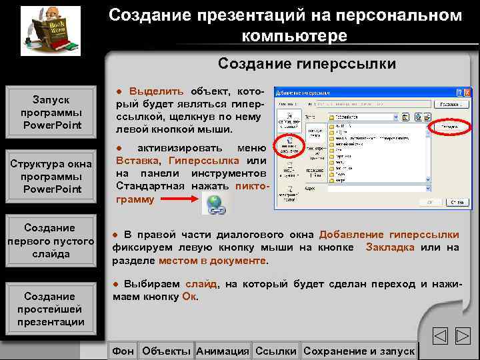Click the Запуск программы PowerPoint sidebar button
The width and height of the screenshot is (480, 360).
click(x=51, y=113)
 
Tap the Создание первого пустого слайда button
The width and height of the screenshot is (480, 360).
click(x=51, y=241)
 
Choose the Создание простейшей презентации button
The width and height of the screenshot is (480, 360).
click(x=51, y=309)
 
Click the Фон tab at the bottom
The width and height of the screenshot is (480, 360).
click(x=123, y=351)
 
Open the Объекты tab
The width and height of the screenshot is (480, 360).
click(x=167, y=351)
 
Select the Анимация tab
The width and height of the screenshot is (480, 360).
click(x=223, y=351)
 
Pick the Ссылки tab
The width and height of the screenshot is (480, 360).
click(x=276, y=351)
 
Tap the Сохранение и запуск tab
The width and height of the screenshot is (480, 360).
click(x=358, y=351)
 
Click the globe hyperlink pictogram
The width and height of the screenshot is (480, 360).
click(x=215, y=205)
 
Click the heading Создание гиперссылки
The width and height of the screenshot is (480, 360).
click(x=307, y=64)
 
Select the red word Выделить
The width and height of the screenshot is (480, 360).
click(x=157, y=91)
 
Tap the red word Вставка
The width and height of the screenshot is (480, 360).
click(x=137, y=161)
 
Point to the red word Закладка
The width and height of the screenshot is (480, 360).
click(x=389, y=247)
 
